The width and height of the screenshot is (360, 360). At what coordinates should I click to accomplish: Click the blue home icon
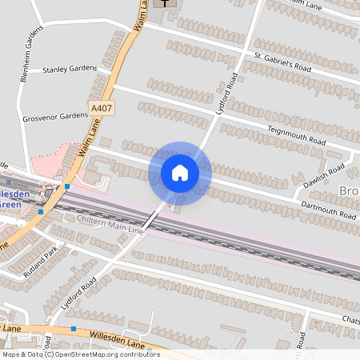click(x=180, y=172)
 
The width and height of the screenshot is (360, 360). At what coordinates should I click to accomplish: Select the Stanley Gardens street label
click(x=69, y=70)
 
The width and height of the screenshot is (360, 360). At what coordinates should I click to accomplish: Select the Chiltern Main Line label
click(x=110, y=224)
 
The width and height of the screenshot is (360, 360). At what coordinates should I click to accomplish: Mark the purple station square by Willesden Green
click(x=10, y=182)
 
